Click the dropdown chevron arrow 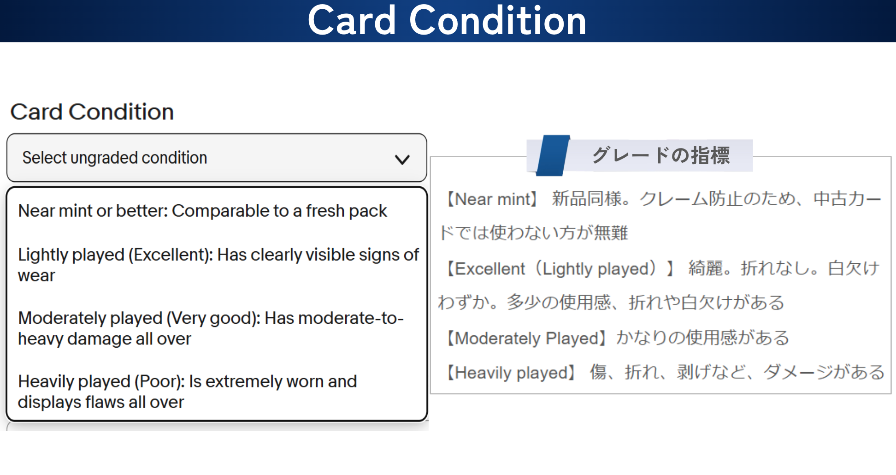coord(402,160)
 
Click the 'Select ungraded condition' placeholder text coord(115,158)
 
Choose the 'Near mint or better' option coord(202,211)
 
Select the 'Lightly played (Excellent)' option coord(218,265)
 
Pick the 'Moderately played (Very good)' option coord(211,328)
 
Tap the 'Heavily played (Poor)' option coord(187,392)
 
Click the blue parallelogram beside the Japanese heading coord(553,155)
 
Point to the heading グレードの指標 coord(661,155)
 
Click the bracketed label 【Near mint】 coord(491,199)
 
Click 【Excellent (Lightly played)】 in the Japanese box coord(560,269)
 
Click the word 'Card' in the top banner coord(352,21)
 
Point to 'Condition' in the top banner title coord(498,21)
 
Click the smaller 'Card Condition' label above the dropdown coord(92,112)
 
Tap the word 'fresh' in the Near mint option coord(325,211)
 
